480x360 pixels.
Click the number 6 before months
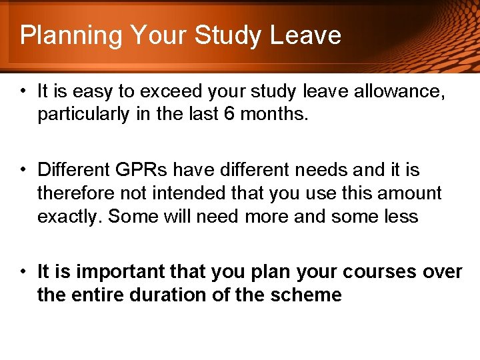pos(229,114)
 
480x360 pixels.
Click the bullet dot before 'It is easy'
pos(23,91)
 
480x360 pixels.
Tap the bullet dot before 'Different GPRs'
pos(23,170)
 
